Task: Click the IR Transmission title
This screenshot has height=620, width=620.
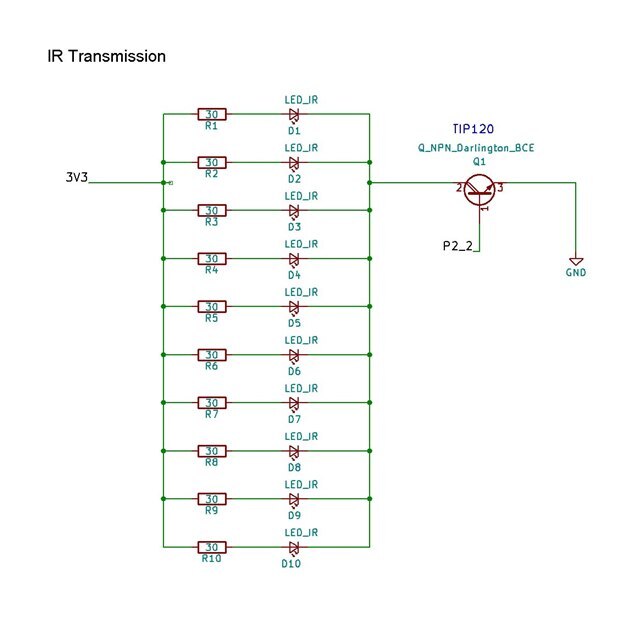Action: click(x=106, y=56)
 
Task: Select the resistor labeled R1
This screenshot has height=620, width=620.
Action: click(x=211, y=114)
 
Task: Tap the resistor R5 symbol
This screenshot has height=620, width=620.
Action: click(x=211, y=306)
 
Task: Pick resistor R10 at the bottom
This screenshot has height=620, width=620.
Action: click(x=211, y=547)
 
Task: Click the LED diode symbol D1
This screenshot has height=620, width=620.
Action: click(x=294, y=114)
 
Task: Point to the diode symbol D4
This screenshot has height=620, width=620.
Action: click(x=294, y=258)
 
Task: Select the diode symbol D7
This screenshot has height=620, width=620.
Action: click(x=294, y=402)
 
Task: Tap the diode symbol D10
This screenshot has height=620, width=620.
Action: click(x=294, y=547)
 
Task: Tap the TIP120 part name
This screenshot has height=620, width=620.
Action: click(x=472, y=129)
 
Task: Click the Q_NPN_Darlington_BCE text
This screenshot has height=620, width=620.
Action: click(x=476, y=147)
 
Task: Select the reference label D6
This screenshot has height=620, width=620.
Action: click(x=294, y=371)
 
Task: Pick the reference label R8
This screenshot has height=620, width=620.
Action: click(x=211, y=462)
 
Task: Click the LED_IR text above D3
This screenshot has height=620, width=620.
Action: click(x=301, y=195)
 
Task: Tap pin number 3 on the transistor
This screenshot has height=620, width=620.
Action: click(x=499, y=186)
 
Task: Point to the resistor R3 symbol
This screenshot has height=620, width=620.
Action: click(x=211, y=210)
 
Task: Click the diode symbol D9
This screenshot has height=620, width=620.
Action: click(x=294, y=499)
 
